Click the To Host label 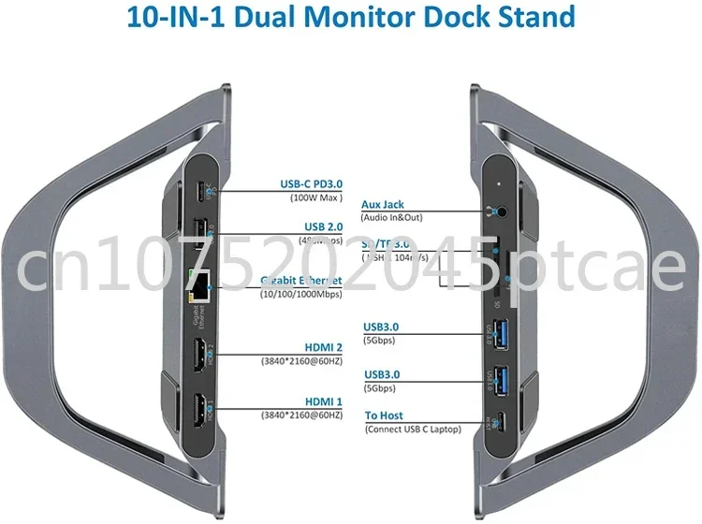pos(386,416)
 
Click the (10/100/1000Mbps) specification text pos(300,293)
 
